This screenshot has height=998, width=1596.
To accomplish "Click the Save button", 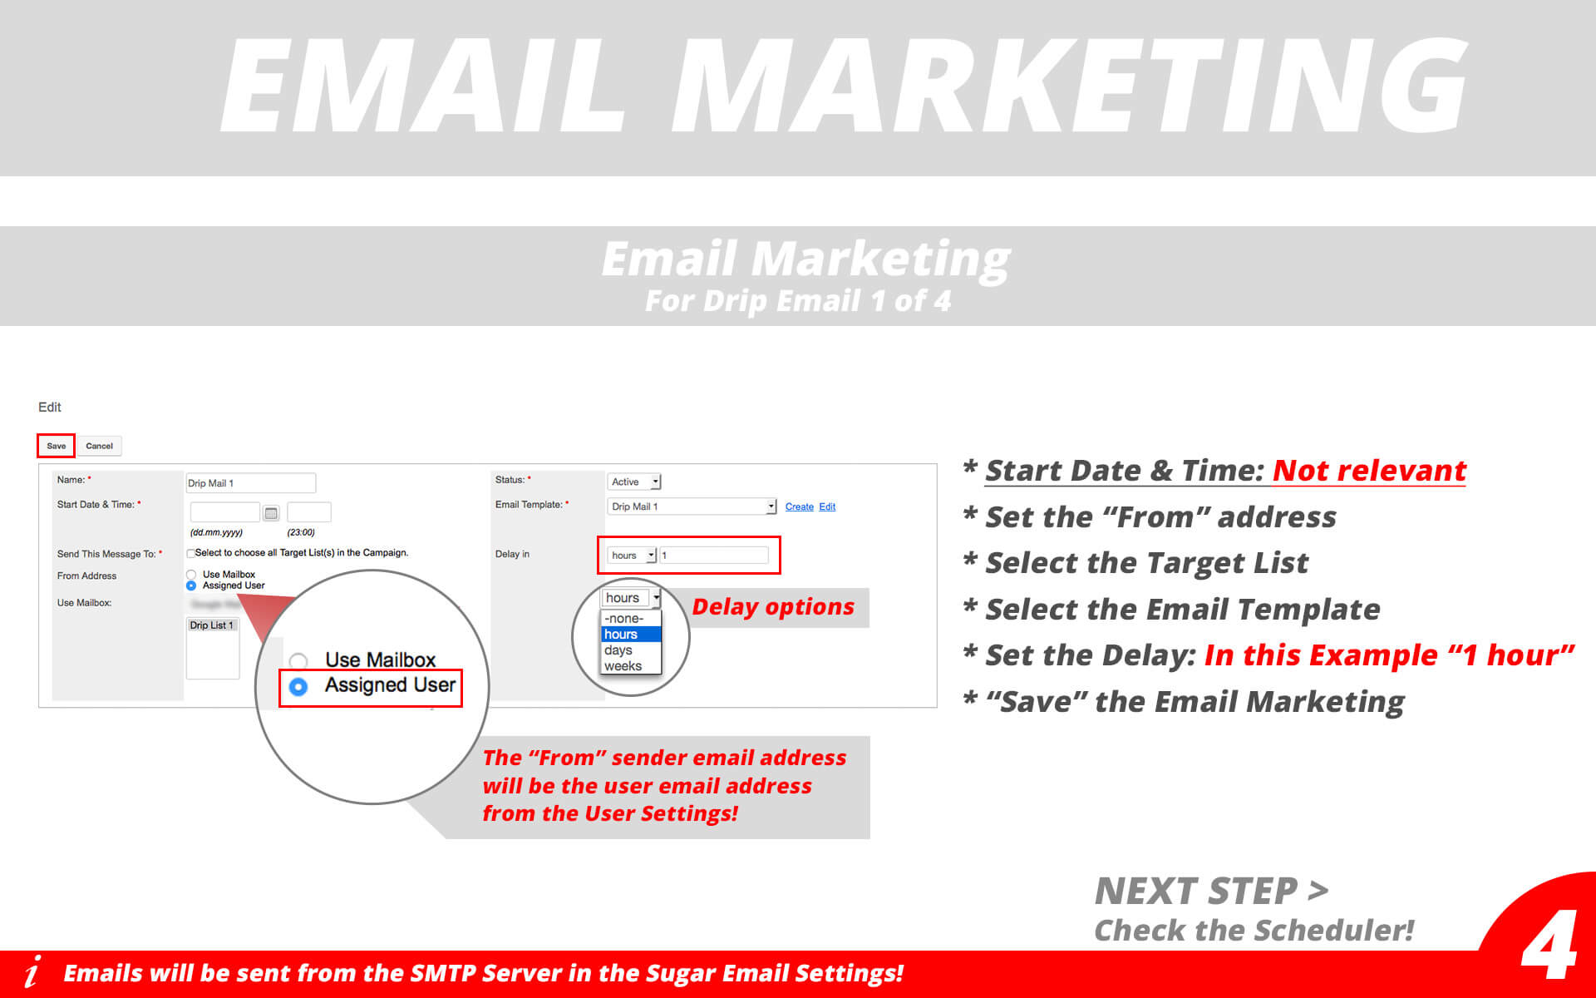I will click(x=56, y=446).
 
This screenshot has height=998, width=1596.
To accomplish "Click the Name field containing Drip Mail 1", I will click(x=250, y=483).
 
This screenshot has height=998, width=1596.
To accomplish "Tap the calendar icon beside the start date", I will click(x=271, y=513).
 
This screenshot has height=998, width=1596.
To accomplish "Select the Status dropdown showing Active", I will click(x=634, y=482).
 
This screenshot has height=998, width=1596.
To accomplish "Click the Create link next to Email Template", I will click(x=799, y=506).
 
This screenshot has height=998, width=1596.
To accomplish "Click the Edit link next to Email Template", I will click(x=827, y=506).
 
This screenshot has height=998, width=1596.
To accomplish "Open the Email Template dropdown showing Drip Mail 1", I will click(x=692, y=506).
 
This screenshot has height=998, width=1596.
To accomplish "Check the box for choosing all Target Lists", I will click(x=191, y=553).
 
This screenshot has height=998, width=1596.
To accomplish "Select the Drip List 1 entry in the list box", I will click(x=212, y=625).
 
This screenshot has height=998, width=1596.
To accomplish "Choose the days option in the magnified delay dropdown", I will click(x=619, y=650).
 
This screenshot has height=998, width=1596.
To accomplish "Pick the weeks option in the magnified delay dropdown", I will click(x=623, y=666).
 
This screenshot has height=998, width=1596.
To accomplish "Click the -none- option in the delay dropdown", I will click(x=624, y=619).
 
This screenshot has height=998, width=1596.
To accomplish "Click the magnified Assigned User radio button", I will click(x=298, y=686).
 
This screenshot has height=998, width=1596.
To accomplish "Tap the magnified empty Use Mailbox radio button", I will click(x=298, y=661).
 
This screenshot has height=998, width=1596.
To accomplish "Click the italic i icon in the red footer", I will click(x=32, y=971).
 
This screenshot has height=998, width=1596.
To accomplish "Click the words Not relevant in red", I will click(x=1369, y=471).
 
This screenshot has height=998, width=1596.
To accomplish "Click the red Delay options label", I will click(x=773, y=607).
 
